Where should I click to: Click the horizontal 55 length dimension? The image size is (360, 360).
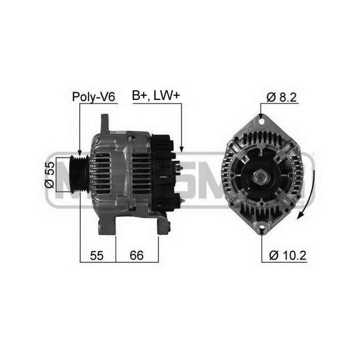point(97,254)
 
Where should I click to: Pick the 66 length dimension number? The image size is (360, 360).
point(137,254)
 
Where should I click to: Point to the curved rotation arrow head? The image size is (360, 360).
point(301,217)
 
